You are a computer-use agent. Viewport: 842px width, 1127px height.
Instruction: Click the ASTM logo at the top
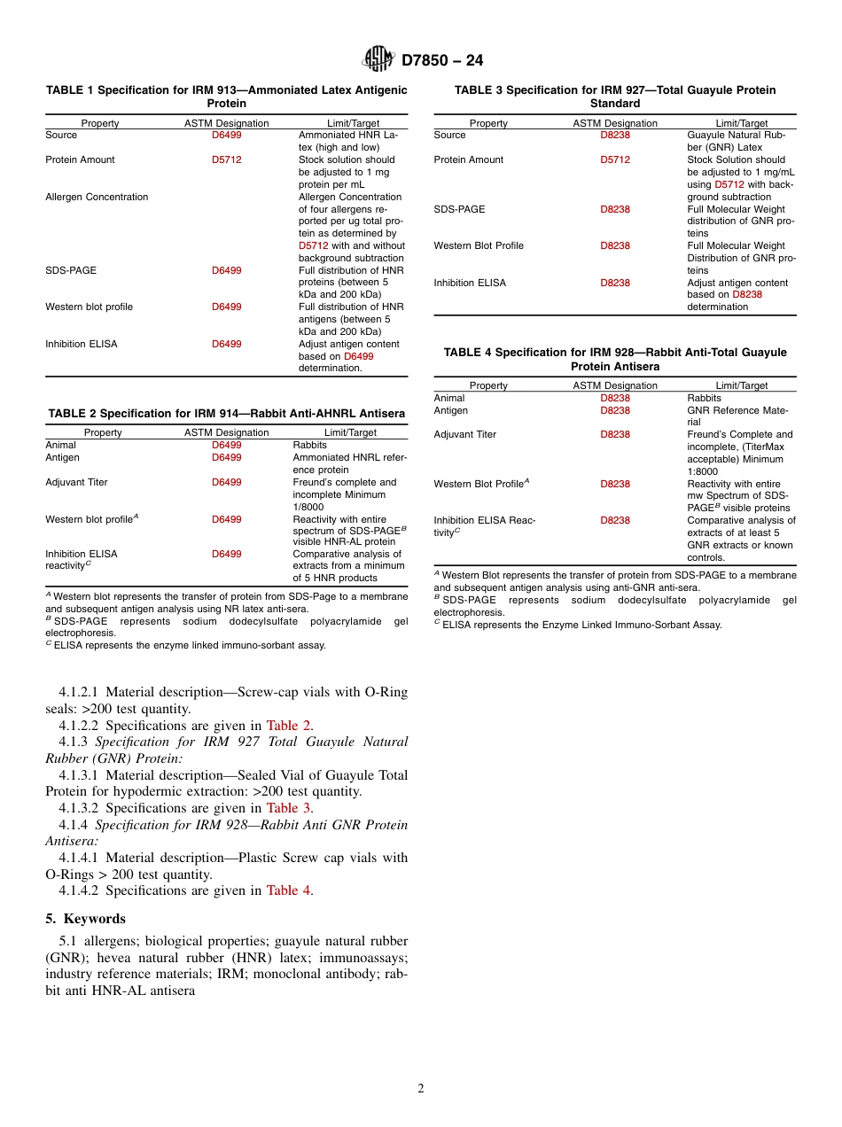[378, 59]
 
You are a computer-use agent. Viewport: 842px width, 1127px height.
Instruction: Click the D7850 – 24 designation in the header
[442, 60]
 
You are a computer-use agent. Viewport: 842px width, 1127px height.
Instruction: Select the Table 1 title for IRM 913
[226, 97]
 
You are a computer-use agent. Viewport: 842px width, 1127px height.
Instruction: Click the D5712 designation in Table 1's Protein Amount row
[226, 159]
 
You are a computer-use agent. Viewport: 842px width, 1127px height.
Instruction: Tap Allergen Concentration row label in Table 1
[97, 197]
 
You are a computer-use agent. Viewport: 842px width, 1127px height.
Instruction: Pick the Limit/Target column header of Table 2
[350, 432]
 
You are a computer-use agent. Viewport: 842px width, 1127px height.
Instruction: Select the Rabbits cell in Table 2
[309, 445]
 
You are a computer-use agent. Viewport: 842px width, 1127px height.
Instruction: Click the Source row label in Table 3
[449, 135]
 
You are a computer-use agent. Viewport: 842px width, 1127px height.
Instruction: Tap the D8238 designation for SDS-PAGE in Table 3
[615, 209]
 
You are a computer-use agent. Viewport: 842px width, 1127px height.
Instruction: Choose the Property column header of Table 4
[488, 385]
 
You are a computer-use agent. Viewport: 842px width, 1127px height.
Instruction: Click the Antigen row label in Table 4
[450, 410]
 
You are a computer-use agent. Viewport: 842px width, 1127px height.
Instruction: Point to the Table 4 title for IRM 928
[615, 359]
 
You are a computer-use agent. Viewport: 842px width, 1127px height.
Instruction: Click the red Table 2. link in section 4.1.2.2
[290, 725]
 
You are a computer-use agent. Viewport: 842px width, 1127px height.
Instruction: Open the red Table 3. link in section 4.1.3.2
[290, 808]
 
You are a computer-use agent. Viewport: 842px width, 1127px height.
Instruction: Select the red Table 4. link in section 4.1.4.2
[290, 890]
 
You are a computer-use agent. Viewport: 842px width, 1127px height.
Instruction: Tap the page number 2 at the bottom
[421, 1089]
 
